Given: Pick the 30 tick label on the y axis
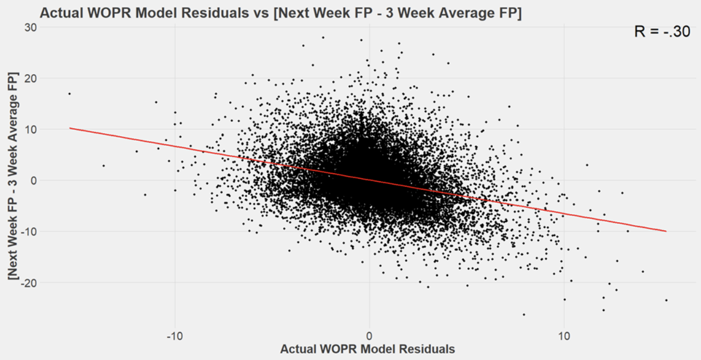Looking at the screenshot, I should click(x=29, y=27).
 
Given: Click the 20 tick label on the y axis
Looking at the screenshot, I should click(x=29, y=78).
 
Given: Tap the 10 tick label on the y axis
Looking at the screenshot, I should click(x=29, y=129).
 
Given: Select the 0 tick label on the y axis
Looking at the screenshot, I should click(x=32, y=181).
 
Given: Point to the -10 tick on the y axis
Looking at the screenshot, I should click(x=27, y=231).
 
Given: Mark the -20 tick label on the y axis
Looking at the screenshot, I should click(x=27, y=283).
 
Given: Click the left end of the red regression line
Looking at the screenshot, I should click(x=70, y=128).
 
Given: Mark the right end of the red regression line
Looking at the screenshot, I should click(x=665, y=231).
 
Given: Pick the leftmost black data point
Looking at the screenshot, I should click(x=70, y=93).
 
